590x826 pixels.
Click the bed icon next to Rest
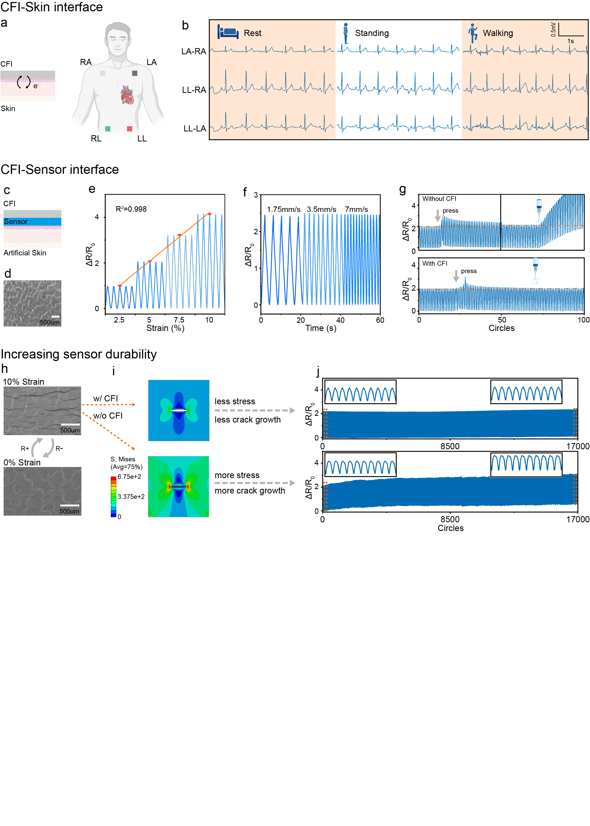[228, 32]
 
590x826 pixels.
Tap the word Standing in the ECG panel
[372, 33]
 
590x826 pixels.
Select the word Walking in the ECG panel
[497, 33]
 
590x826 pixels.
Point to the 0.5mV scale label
[553, 29]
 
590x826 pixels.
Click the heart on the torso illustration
[127, 95]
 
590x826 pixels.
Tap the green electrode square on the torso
[108, 129]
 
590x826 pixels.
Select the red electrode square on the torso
[129, 129]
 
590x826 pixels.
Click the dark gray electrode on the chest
[135, 73]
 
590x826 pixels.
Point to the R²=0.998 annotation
[131, 209]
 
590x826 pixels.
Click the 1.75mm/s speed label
[283, 210]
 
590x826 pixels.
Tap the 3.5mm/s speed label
[321, 210]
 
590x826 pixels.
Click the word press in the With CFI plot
[469, 271]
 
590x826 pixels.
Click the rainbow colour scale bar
[114, 496]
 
